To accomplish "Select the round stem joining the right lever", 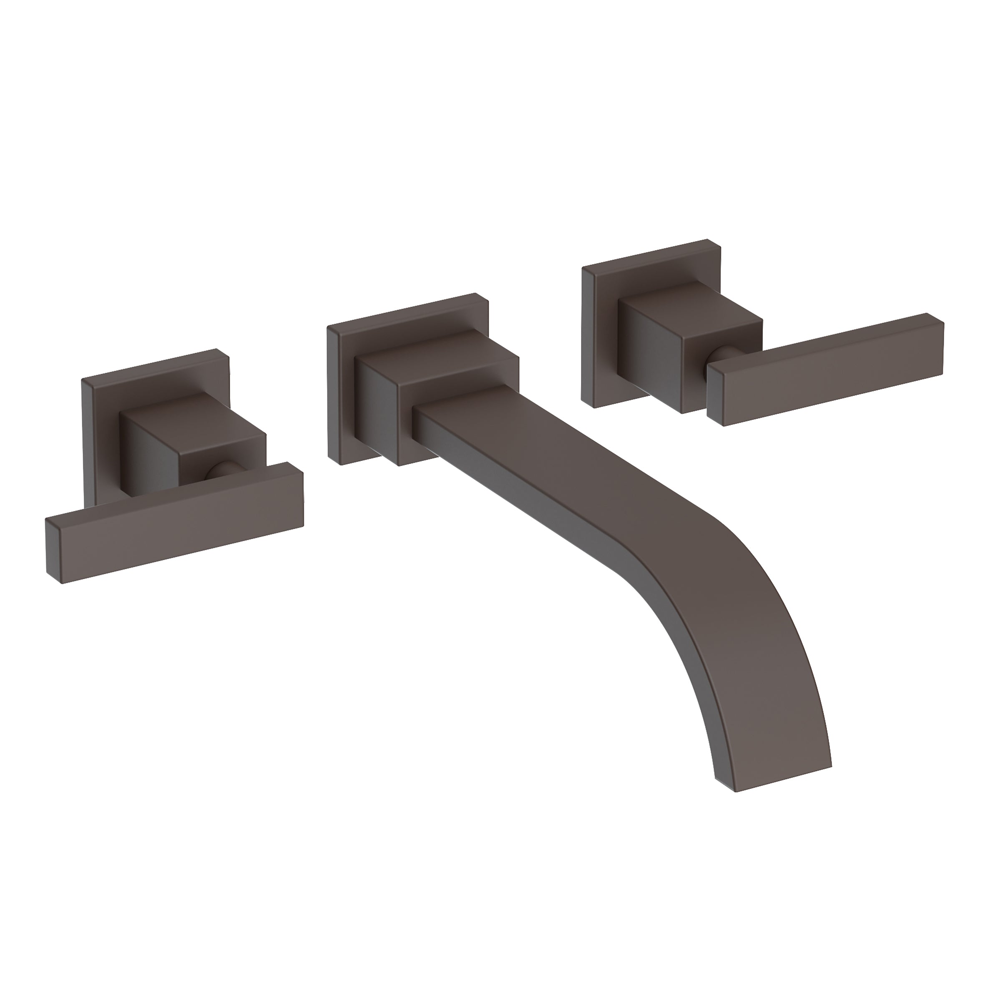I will click(x=717, y=355).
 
